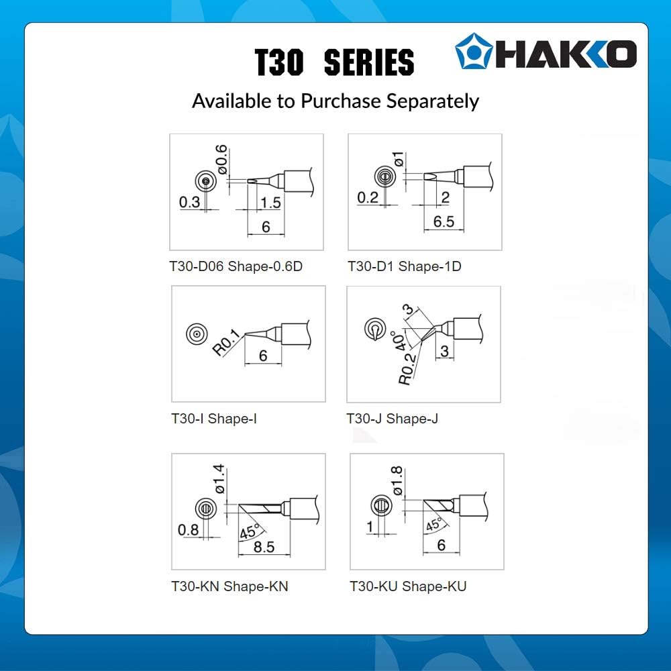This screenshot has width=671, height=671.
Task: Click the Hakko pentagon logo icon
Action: pyautogui.click(x=473, y=51)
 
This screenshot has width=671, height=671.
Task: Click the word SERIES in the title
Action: pyautogui.click(x=369, y=62)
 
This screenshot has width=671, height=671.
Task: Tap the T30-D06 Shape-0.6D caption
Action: pyautogui.click(x=236, y=266)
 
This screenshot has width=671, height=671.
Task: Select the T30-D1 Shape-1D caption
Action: pyautogui.click(x=405, y=266)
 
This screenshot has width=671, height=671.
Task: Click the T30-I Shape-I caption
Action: pyautogui.click(x=214, y=419)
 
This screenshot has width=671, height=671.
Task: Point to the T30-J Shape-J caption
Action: pyautogui.click(x=392, y=419)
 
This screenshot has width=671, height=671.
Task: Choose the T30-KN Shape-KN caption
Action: pyautogui.click(x=229, y=586)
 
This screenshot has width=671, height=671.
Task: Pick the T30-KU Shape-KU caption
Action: pyautogui.click(x=408, y=586)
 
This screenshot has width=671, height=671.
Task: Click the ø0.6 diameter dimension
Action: pyautogui.click(x=221, y=160)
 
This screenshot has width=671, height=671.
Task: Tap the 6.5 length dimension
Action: pyautogui.click(x=444, y=221)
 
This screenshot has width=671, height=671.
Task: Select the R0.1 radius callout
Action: pyautogui.click(x=226, y=342)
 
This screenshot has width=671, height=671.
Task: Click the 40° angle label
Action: pyautogui.click(x=399, y=341)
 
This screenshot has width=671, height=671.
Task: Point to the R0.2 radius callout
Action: pyautogui.click(x=407, y=369)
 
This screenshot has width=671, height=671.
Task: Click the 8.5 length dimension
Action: pyautogui.click(x=264, y=547)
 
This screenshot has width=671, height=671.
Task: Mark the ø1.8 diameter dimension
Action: pyautogui.click(x=397, y=481)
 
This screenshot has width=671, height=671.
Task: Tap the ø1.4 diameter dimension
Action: pyautogui.click(x=219, y=479)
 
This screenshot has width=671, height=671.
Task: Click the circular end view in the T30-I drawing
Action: pyautogui.click(x=197, y=333)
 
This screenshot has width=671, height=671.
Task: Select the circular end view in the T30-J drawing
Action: pyautogui.click(x=375, y=329)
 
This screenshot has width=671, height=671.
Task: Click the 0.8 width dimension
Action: pyautogui.click(x=189, y=530)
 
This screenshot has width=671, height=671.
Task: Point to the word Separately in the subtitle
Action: pyautogui.click(x=433, y=102)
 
